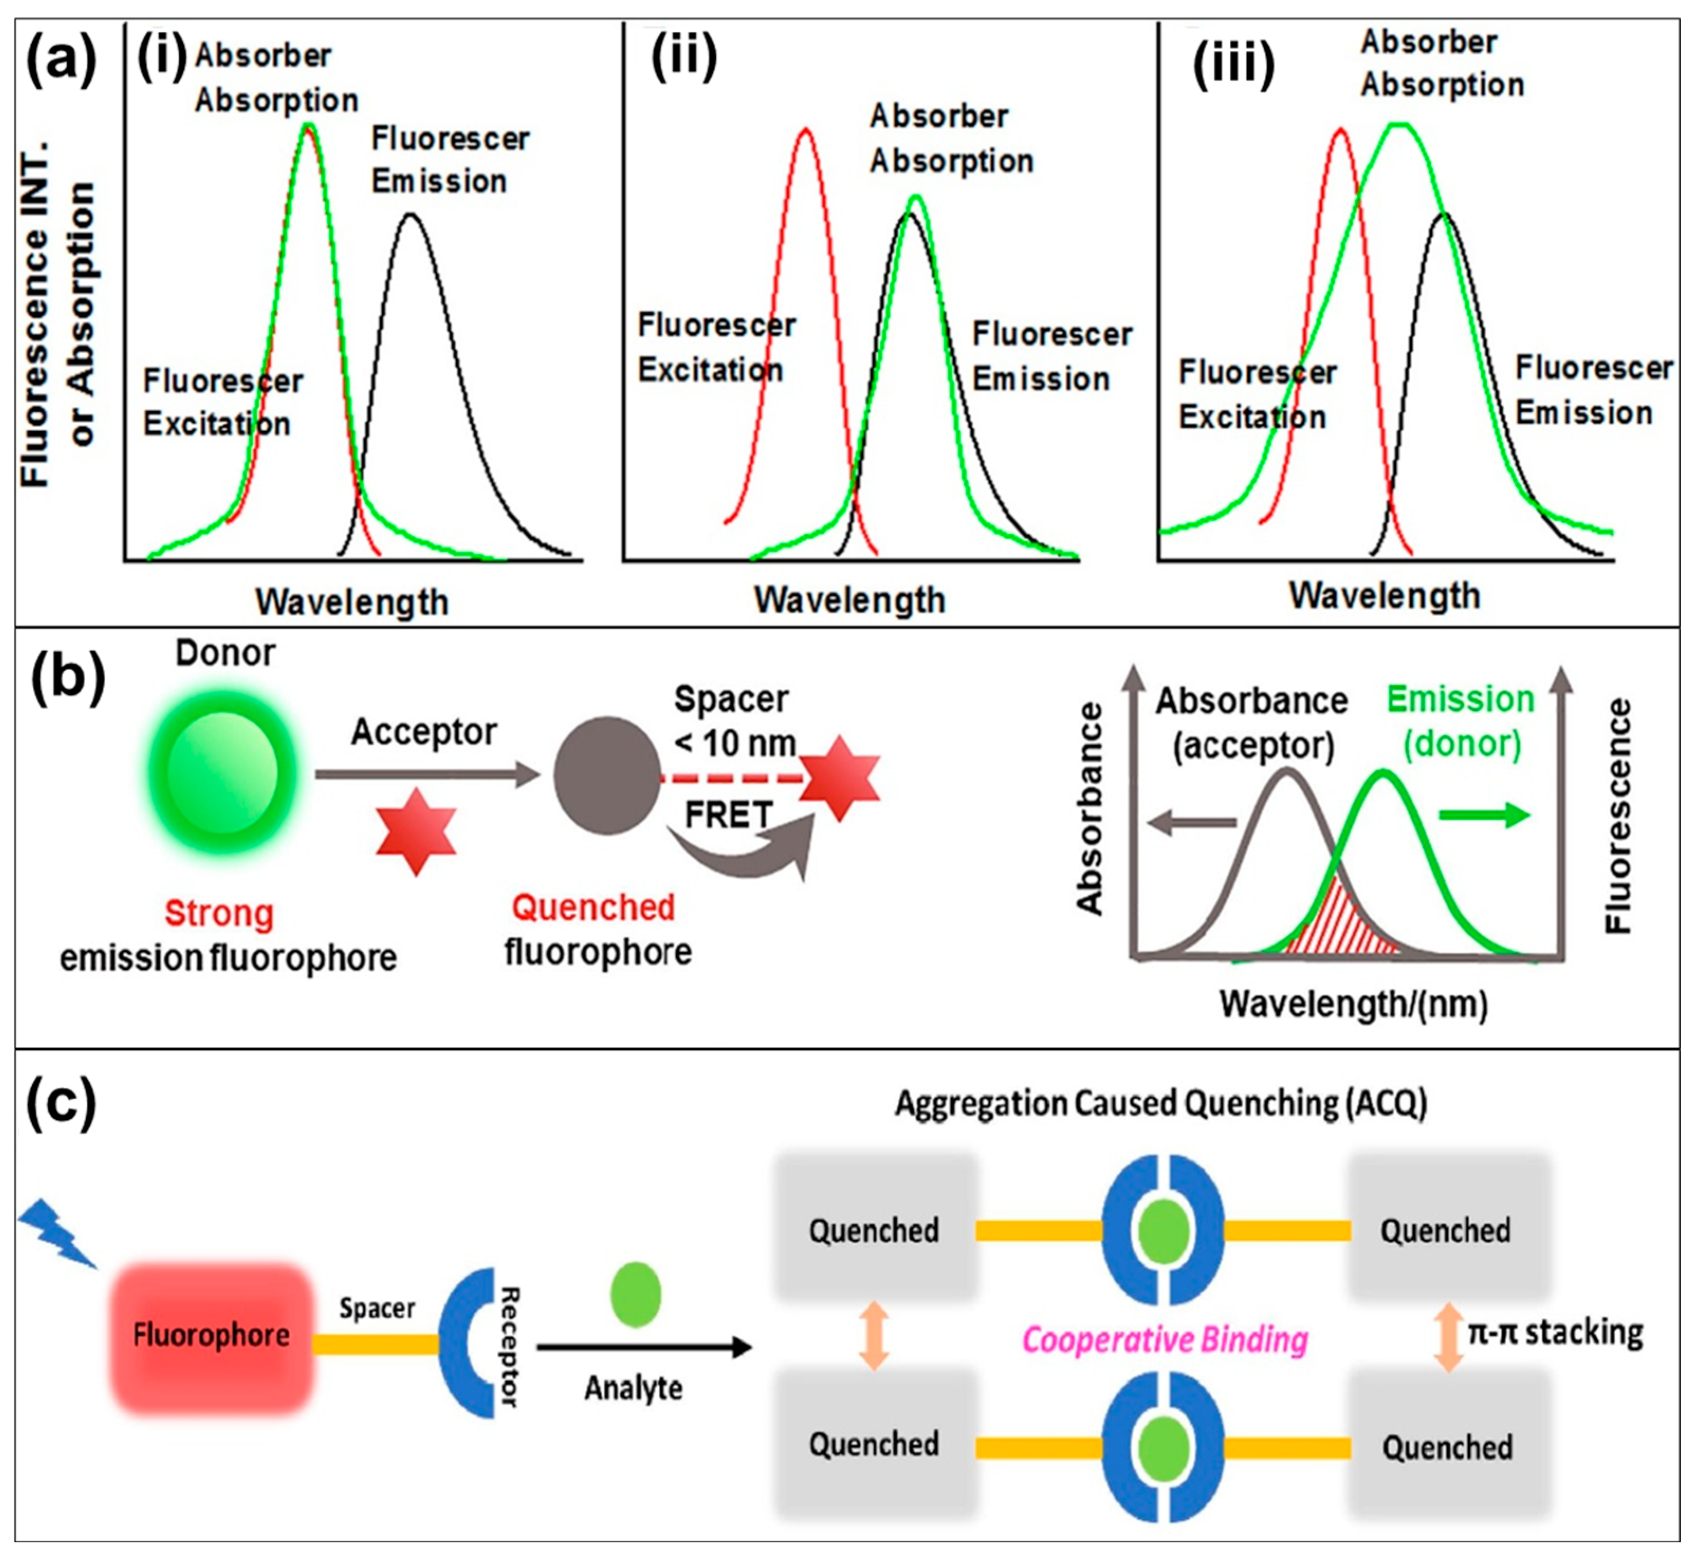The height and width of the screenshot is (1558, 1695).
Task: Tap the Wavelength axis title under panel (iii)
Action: coord(1385,595)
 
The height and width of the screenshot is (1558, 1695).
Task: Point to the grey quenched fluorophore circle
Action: coord(606,776)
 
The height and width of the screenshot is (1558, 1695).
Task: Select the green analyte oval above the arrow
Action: coord(635,1294)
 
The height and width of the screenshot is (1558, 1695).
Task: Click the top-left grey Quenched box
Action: coord(874,1230)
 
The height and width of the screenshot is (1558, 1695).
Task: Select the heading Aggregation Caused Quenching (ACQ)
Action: coord(1160,1103)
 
